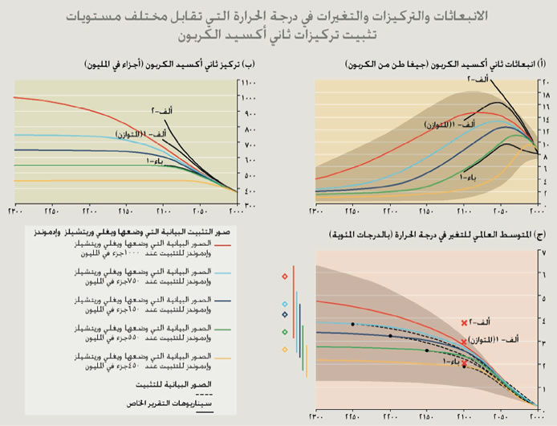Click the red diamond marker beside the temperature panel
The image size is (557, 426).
click(x=285, y=276)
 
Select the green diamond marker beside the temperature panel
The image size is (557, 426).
click(x=285, y=331)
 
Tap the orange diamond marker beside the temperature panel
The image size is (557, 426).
click(x=285, y=349)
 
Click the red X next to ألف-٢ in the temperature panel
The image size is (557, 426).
click(x=464, y=322)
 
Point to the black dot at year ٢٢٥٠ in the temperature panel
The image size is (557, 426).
click(x=352, y=324)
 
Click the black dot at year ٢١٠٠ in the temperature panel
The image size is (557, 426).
click(x=464, y=367)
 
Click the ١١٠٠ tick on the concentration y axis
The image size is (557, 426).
click(x=248, y=83)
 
